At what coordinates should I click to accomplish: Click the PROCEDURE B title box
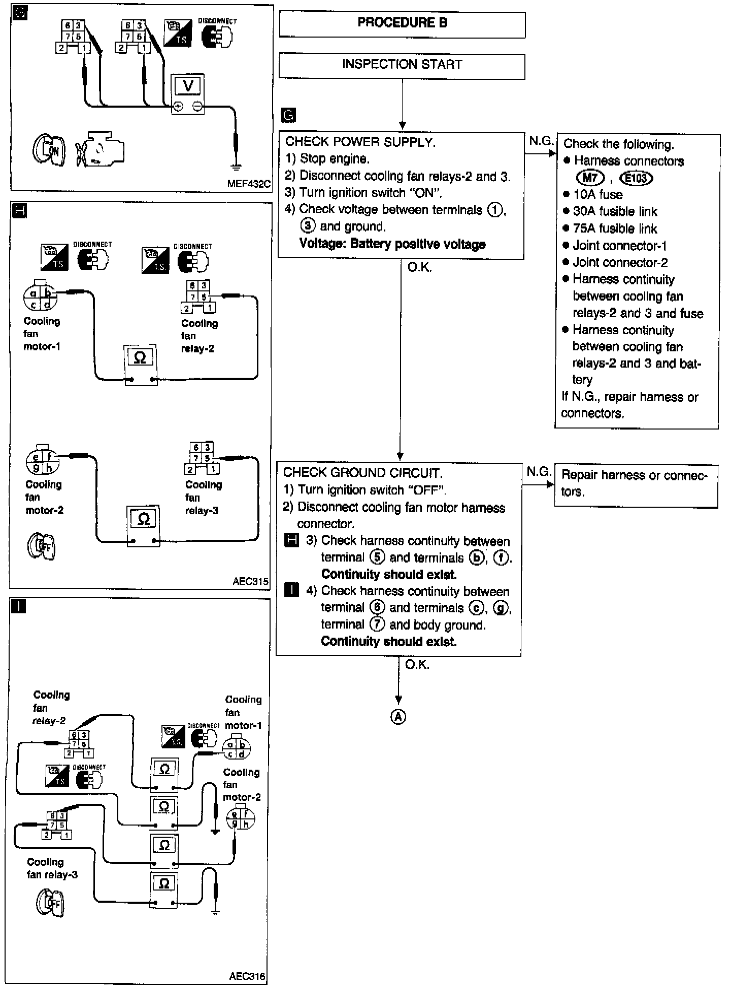click(x=402, y=23)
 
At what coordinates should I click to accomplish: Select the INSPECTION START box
click(x=402, y=65)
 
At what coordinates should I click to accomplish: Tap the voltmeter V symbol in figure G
click(x=187, y=86)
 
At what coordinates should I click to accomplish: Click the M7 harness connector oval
click(x=590, y=177)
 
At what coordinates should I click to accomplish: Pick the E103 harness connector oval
click(x=636, y=178)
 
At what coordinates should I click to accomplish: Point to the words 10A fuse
click(x=597, y=194)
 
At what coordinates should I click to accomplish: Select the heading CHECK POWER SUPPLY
click(x=360, y=142)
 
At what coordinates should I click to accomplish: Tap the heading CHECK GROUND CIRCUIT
click(x=362, y=473)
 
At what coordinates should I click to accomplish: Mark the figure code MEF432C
click(x=249, y=183)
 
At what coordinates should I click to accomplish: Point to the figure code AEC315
click(x=250, y=581)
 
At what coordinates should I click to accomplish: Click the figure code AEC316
click(x=247, y=976)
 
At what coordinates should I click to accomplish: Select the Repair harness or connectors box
click(x=636, y=483)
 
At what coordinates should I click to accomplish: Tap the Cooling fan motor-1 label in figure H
click(x=42, y=334)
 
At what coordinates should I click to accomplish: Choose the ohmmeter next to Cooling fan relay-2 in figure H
click(x=141, y=365)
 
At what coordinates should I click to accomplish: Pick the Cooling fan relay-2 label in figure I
click(x=51, y=708)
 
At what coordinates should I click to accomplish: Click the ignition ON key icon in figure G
click(x=49, y=151)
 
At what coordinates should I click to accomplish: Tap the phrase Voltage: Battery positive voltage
click(x=392, y=244)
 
